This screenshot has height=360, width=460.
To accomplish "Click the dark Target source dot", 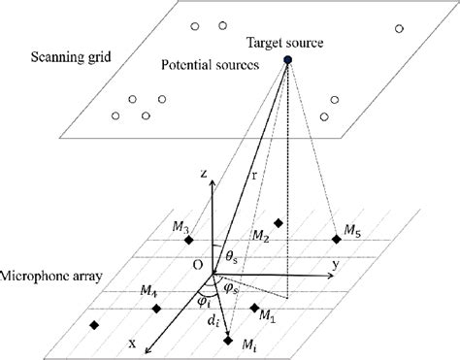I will coord(287,62).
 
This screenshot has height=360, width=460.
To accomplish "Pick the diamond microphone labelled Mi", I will coord(228,341).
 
